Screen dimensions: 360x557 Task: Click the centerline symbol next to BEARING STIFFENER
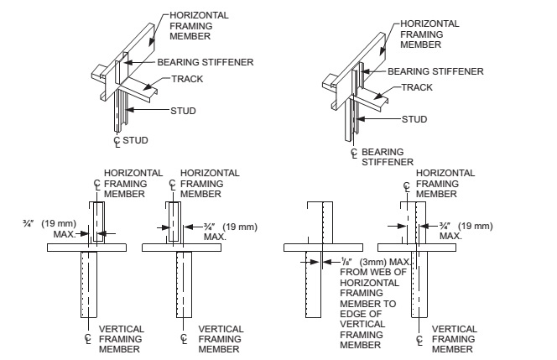(354, 153)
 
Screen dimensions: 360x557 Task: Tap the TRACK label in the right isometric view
(417, 86)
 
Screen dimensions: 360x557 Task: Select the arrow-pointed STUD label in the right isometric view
(414, 119)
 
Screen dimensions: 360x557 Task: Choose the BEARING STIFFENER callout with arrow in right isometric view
(435, 71)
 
